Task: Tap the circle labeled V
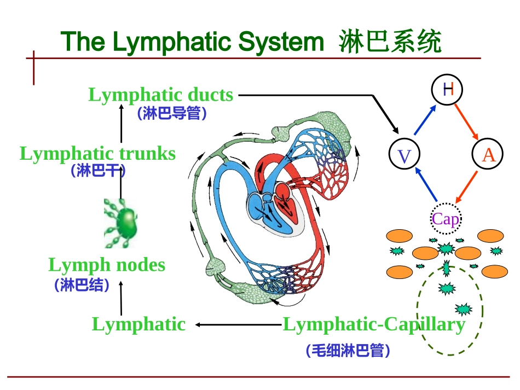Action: [404, 156]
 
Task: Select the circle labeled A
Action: [488, 155]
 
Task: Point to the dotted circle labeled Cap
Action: [446, 219]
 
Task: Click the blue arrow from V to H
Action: [425, 120]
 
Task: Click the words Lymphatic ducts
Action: [161, 95]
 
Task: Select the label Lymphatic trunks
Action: [98, 154]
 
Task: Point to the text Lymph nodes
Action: [107, 265]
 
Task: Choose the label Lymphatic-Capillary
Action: [374, 324]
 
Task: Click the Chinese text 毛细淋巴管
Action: [348, 351]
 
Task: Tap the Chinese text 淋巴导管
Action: [172, 113]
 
